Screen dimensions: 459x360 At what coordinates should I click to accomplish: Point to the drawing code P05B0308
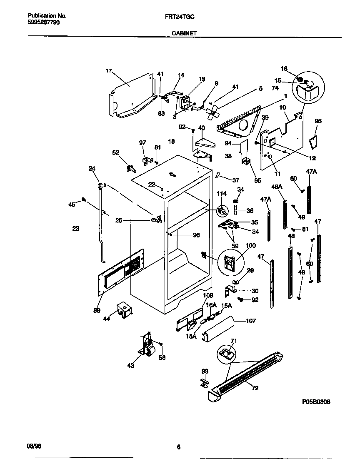[x=316, y=403]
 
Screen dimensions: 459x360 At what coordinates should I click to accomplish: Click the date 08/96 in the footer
[x=33, y=446]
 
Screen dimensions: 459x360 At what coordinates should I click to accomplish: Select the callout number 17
[x=109, y=71]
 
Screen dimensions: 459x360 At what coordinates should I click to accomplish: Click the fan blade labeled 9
[x=214, y=110]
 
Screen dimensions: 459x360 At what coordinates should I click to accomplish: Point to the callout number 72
[x=255, y=388]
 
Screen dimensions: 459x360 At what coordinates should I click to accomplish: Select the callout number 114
[x=222, y=194]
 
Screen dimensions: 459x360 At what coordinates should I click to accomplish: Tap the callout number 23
[x=75, y=228]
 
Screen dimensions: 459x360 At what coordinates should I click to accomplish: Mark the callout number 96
[x=318, y=121]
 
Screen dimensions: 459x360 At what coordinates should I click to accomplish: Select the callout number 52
[x=116, y=152]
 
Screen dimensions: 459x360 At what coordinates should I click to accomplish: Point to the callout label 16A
[x=212, y=305]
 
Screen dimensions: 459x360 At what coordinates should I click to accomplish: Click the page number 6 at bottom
[x=178, y=447]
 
